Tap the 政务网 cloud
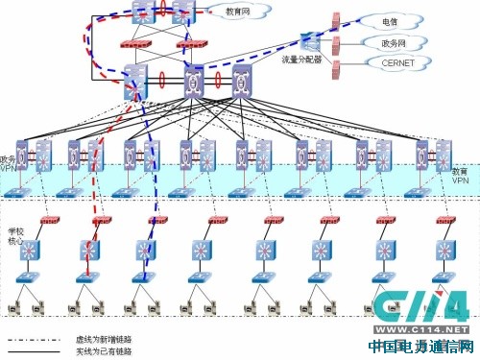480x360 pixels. pyautogui.click(x=389, y=43)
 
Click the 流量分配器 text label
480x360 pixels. pyautogui.click(x=301, y=60)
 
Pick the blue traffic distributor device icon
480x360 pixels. pyautogui.click(x=310, y=41)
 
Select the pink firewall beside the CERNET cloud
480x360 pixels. pyautogui.click(x=337, y=64)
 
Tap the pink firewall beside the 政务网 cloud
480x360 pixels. pyautogui.click(x=337, y=43)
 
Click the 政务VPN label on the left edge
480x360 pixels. pyautogui.click(x=9, y=163)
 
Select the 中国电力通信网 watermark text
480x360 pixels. pyautogui.click(x=420, y=348)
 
